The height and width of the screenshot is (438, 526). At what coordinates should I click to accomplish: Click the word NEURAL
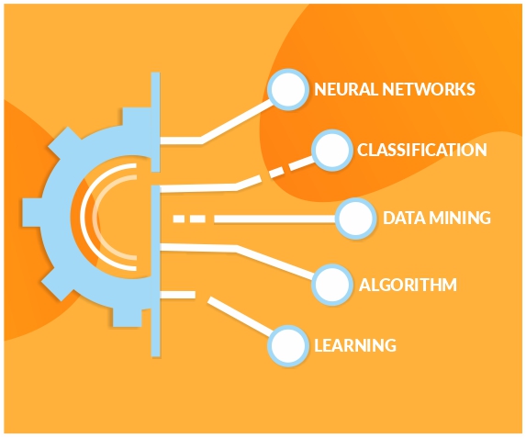(346, 89)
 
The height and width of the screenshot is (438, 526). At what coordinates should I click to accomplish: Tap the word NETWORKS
(429, 89)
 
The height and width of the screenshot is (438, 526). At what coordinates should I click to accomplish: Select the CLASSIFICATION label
(421, 150)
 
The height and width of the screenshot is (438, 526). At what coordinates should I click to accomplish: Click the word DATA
(404, 218)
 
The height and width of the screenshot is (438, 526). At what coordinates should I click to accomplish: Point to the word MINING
(460, 218)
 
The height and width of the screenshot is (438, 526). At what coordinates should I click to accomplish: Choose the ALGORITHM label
(408, 285)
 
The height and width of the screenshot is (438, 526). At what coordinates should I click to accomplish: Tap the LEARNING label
(355, 345)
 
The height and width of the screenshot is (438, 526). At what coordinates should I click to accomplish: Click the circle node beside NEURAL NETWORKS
(288, 90)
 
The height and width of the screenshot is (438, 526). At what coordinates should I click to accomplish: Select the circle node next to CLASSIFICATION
(331, 150)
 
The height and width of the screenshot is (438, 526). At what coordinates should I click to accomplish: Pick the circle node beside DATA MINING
(355, 219)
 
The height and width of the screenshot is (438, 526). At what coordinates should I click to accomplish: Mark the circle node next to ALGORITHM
(331, 285)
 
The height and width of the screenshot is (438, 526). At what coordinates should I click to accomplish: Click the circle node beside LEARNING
(288, 345)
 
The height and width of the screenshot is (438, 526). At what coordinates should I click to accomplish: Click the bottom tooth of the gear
(127, 317)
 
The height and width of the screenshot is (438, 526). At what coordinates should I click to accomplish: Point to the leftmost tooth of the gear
(32, 213)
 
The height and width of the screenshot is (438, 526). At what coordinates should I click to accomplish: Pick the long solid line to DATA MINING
(275, 219)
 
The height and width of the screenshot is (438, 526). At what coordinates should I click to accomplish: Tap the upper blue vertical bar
(155, 122)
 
